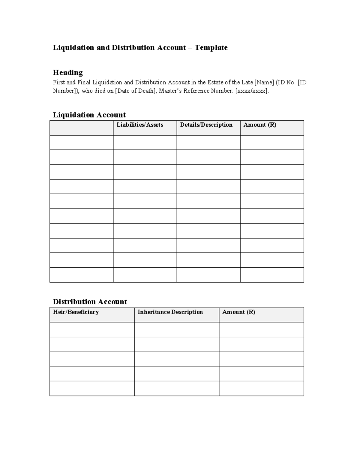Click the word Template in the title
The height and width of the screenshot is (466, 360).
point(211,47)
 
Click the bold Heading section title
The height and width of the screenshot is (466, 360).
point(68,72)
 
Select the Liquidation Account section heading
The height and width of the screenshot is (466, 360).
point(89,115)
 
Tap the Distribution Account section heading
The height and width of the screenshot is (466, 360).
point(90,302)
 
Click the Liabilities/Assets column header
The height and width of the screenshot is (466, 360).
point(140,125)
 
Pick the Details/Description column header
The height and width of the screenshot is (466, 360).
point(206,125)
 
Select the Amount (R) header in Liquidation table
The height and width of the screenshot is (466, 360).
point(260,125)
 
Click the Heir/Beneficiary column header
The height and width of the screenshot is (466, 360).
point(76,312)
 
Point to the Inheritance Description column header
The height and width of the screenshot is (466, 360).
point(170,312)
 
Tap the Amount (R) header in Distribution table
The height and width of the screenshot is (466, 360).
point(238,312)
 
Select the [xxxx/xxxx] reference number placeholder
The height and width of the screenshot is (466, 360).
point(251,91)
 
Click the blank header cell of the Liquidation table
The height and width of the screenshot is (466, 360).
point(81,128)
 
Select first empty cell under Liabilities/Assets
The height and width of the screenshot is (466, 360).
point(145,143)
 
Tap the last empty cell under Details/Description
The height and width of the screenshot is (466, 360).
point(208,275)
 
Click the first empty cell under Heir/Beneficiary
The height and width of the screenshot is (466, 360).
point(92,330)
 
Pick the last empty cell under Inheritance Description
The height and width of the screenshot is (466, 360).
point(177,389)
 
